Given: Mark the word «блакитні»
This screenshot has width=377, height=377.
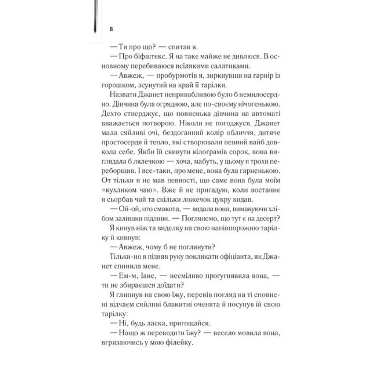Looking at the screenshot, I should coord(178,302).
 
